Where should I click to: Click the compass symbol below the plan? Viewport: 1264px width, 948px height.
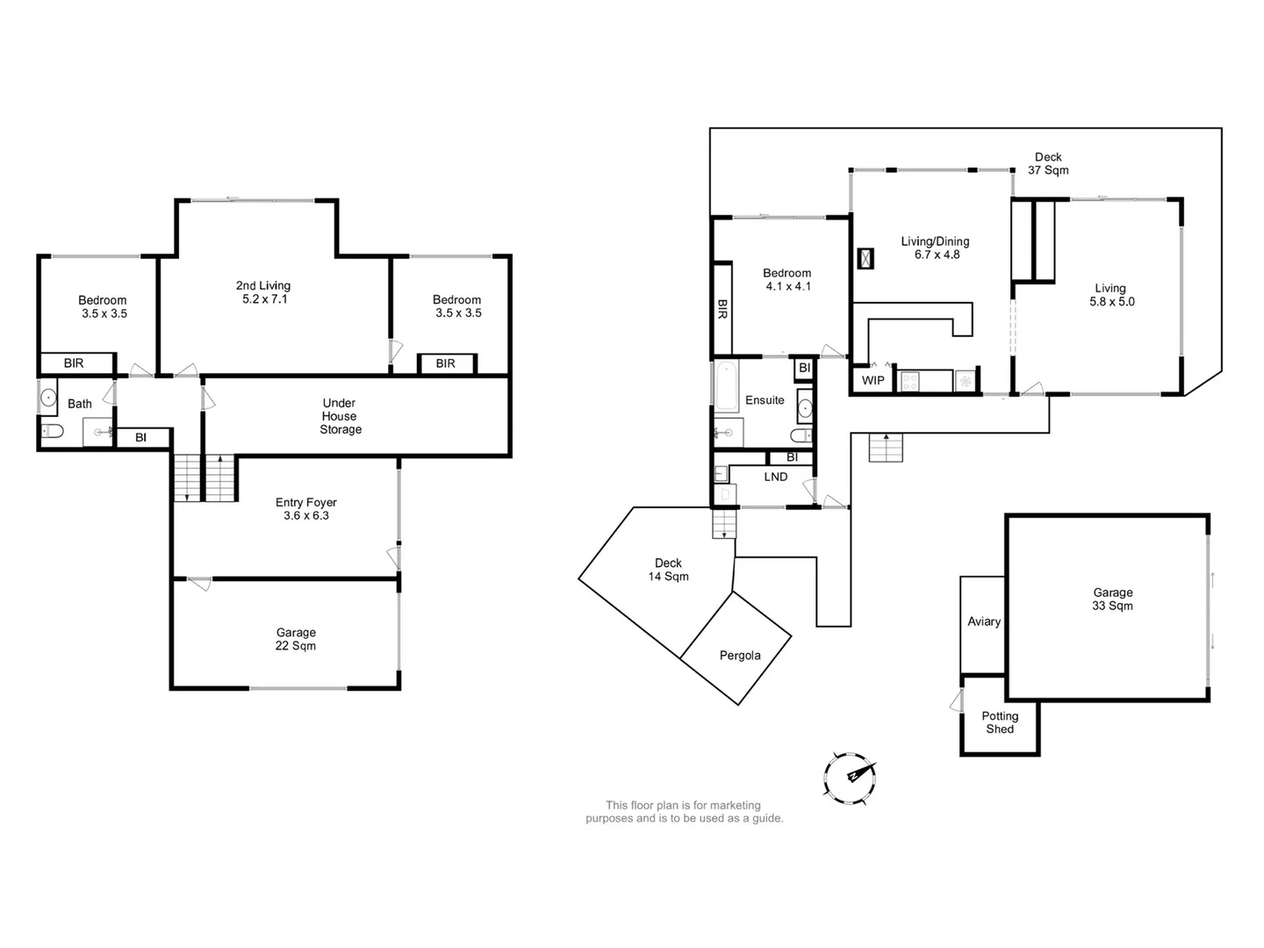click(x=850, y=778)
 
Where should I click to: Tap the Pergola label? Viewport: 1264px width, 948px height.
click(x=740, y=655)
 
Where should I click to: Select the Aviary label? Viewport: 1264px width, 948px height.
click(x=984, y=621)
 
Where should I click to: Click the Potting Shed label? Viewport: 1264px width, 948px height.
click(x=1000, y=722)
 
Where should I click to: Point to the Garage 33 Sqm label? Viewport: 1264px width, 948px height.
click(x=1112, y=600)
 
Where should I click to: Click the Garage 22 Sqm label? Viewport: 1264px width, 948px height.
click(x=296, y=639)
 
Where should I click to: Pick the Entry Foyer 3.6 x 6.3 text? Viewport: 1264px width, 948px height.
click(x=305, y=509)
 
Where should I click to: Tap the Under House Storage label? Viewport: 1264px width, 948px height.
click(x=340, y=416)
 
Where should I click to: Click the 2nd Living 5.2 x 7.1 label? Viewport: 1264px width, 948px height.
click(x=263, y=292)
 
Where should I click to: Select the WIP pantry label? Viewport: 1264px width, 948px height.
click(x=873, y=380)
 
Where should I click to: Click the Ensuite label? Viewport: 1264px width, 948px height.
click(x=765, y=400)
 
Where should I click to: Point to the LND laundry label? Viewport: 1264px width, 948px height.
click(x=776, y=477)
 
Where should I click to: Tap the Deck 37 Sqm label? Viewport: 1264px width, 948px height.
click(x=1048, y=163)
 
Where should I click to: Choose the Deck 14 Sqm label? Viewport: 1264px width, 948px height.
click(x=668, y=570)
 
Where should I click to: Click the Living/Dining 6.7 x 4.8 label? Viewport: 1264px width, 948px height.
click(x=936, y=248)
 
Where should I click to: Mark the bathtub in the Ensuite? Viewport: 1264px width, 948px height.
click(x=726, y=386)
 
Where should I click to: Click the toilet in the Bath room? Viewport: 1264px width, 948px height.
click(x=52, y=431)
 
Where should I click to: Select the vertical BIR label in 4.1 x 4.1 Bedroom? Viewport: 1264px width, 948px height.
click(x=722, y=308)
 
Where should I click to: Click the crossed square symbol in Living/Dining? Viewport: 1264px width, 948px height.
click(x=865, y=258)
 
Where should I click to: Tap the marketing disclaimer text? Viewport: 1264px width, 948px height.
click(x=684, y=812)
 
